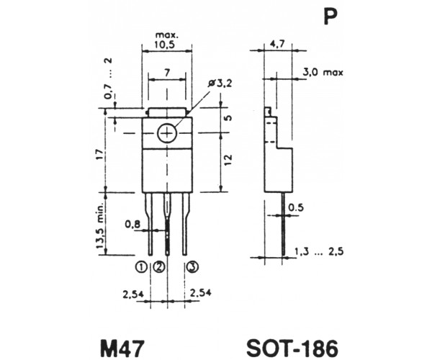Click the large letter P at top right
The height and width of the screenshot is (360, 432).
(x=330, y=17)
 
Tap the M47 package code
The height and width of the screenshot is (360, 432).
(x=122, y=348)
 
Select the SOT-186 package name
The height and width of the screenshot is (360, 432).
(x=292, y=348)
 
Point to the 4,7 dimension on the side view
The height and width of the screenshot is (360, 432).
(x=278, y=45)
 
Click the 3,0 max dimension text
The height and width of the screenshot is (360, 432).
(x=323, y=72)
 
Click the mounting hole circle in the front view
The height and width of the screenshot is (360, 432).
(x=167, y=134)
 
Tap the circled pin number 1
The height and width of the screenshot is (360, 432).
(x=141, y=266)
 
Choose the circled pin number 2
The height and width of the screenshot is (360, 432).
(x=159, y=266)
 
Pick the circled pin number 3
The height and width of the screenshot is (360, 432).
(x=192, y=266)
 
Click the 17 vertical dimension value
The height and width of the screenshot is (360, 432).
(x=100, y=154)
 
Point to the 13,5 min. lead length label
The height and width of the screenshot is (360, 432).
(x=100, y=226)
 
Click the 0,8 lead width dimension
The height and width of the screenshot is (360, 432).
(x=132, y=225)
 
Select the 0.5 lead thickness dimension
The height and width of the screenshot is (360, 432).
(x=296, y=207)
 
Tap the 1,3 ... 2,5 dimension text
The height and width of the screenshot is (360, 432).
(x=319, y=251)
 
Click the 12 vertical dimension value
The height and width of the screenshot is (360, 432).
(x=228, y=160)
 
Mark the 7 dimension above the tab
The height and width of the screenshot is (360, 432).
(x=167, y=73)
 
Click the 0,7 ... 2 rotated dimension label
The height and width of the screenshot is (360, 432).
(x=109, y=78)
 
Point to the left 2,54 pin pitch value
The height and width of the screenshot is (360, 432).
(x=133, y=294)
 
